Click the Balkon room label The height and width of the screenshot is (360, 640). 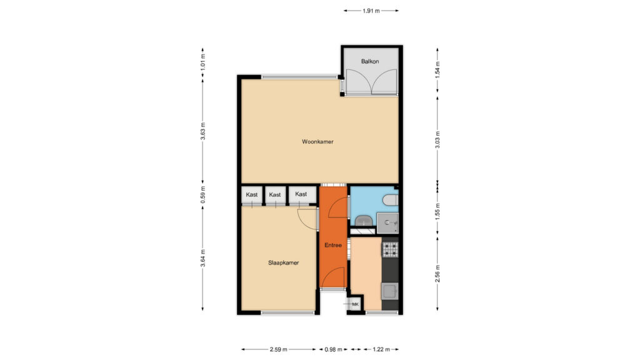point(370,62)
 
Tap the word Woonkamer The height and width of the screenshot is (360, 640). point(317,142)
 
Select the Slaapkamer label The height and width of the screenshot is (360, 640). point(283,263)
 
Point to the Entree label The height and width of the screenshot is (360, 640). point(333,245)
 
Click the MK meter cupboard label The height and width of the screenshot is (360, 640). point(355,304)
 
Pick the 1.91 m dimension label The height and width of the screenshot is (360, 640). point(371,11)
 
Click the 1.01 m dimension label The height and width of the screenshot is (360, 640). point(203,62)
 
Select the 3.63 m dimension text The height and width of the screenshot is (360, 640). point(203,131)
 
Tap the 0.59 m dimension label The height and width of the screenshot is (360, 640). point(203,195)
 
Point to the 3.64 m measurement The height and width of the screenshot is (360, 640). point(203,258)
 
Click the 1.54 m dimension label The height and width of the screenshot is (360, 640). point(437,70)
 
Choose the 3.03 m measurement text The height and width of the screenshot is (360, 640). point(437,139)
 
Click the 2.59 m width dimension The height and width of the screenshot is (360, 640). point(278,349)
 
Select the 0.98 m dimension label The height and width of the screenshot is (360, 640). point(333,349)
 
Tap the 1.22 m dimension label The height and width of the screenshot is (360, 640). point(381,349)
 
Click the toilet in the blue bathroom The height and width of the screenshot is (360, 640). point(391,200)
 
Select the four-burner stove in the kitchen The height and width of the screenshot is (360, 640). point(390,250)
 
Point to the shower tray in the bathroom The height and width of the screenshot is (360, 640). point(387,223)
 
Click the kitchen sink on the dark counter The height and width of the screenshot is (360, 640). point(389,291)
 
